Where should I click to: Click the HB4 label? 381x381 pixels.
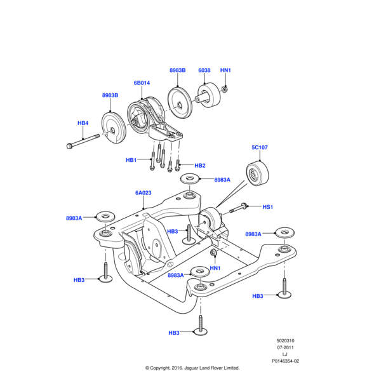click(83, 123)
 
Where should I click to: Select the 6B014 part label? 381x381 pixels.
click(142, 83)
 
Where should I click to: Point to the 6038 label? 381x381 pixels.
click(204, 70)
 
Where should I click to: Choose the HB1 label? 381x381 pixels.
click(131, 160)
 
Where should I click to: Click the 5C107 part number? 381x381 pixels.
click(260, 147)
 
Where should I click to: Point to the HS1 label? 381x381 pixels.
click(267, 207)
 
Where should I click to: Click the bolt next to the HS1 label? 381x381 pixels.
click(243, 207)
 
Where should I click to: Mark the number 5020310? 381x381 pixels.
click(286, 340)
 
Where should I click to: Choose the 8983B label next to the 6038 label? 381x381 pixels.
click(178, 70)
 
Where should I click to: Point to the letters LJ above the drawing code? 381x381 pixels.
click(285, 354)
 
